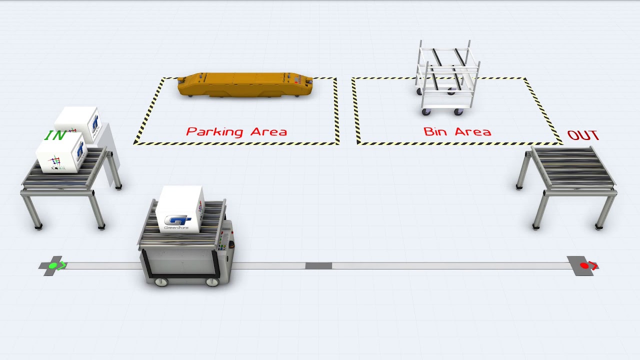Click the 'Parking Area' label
pos(236,132)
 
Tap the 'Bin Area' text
pos(457,132)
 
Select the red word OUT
pos(583,135)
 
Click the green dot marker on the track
pos(52,265)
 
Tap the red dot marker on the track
pos(583,265)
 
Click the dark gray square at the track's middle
pos(318,265)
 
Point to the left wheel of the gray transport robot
pos(161,282)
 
